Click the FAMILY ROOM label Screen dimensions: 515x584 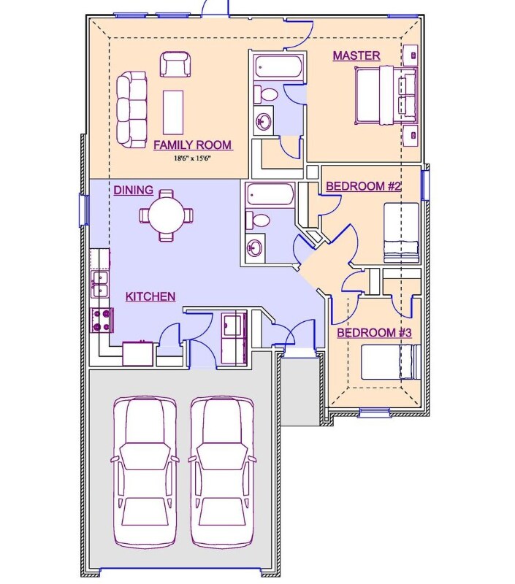coord(193,145)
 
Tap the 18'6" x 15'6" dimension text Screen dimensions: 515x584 coord(192,158)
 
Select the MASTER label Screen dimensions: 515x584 coord(356,55)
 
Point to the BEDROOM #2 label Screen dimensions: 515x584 coord(363,186)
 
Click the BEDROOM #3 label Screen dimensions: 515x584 coord(374,333)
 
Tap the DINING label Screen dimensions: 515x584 coord(133,191)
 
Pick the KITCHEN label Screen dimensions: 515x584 coord(150,296)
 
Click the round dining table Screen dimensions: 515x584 coord(167,215)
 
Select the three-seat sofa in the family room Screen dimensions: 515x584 coord(131,110)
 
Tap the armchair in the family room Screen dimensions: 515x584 coord(175,64)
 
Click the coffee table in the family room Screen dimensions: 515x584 coord(173,112)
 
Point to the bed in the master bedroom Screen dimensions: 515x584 coord(386,95)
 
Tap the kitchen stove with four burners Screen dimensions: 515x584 coord(102,320)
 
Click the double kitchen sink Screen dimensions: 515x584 coord(99,284)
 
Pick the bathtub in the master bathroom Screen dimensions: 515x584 coord(278,66)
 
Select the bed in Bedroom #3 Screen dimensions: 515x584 coord(391,362)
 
